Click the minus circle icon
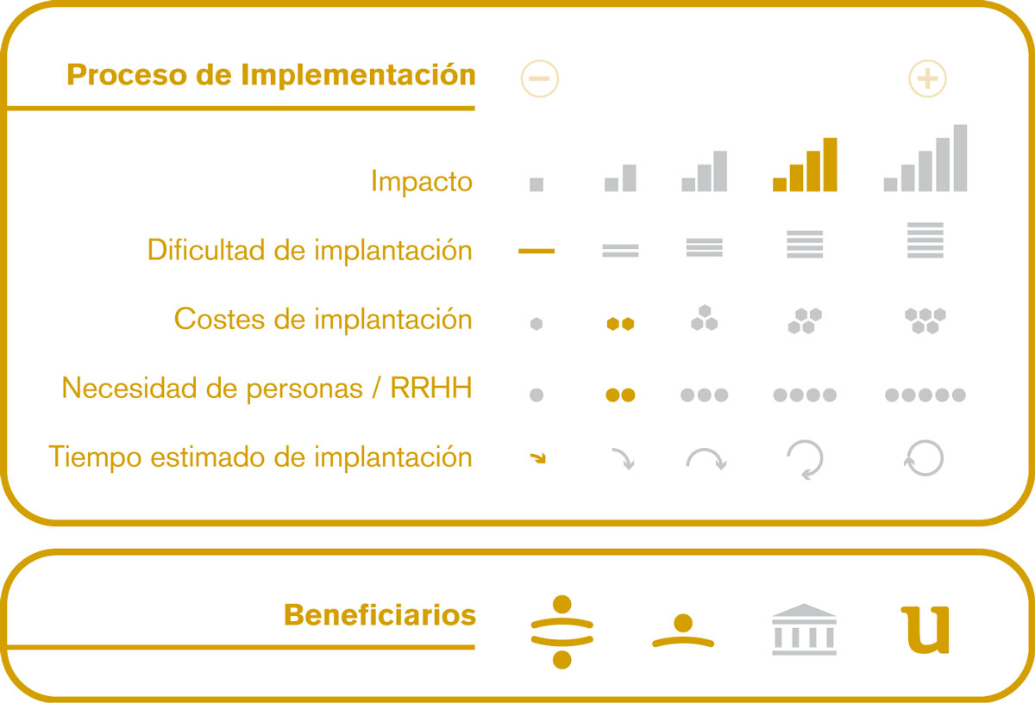click(540, 78)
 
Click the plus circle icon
click(927, 78)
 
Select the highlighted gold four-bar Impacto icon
click(805, 165)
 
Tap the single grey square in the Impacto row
click(536, 184)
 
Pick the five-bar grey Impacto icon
click(925, 158)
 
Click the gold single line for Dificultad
click(536, 251)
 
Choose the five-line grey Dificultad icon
click(925, 240)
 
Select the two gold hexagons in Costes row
click(620, 324)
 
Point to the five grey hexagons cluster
click(925, 320)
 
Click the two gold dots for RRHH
click(620, 395)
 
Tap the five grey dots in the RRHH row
click(925, 395)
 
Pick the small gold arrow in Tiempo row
click(538, 457)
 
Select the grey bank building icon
click(804, 629)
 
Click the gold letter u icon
click(925, 630)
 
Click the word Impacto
click(422, 181)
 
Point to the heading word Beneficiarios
click(379, 615)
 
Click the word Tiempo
click(95, 457)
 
